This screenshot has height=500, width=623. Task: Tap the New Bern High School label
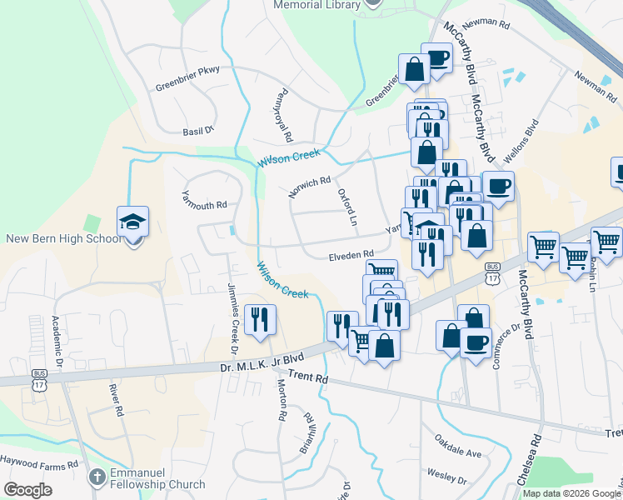(64, 239)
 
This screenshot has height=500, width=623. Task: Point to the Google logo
(27, 489)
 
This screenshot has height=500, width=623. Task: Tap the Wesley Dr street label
(446, 477)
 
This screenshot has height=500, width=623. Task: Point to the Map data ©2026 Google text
(571, 493)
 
